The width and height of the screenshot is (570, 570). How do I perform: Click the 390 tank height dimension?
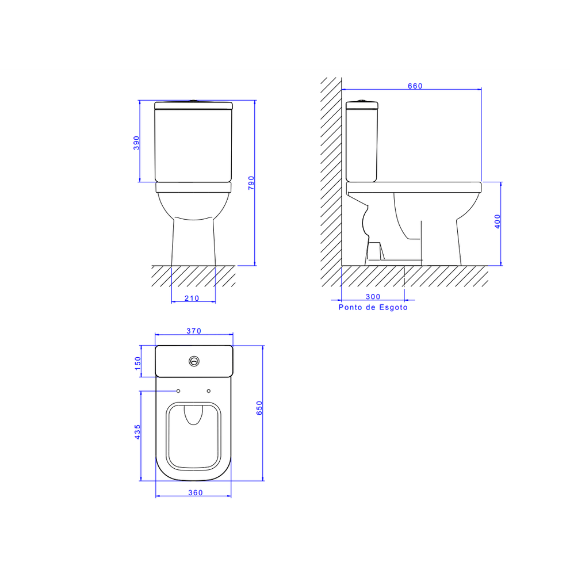point(136,143)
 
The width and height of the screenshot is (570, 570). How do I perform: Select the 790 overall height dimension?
point(251,183)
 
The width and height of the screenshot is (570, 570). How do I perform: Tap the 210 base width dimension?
point(192,299)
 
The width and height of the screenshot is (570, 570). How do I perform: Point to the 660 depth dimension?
point(415,86)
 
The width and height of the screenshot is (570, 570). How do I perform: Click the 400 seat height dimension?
point(498,221)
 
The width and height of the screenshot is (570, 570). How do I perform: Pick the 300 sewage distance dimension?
point(373,297)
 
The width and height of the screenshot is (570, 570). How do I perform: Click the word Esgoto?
point(393,308)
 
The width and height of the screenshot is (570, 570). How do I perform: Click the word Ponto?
point(350,307)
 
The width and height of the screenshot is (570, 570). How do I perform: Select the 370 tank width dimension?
point(194,331)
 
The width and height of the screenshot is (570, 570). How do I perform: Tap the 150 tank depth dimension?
point(137,363)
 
